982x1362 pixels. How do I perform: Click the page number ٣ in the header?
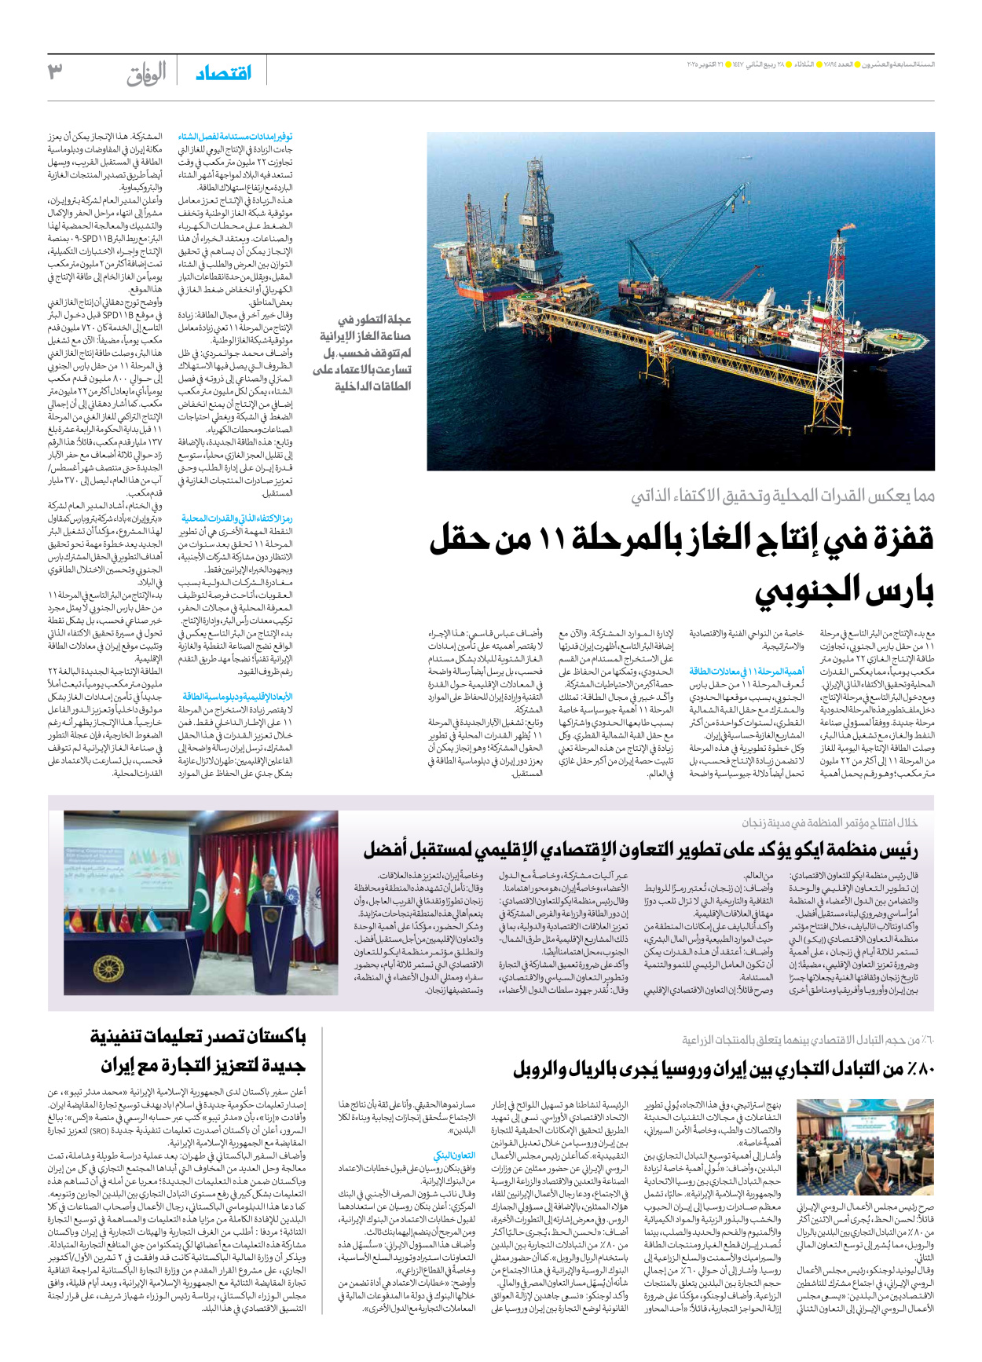[x=55, y=72]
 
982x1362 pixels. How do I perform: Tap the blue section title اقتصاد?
[x=224, y=73]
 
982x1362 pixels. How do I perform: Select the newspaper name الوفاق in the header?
[x=146, y=75]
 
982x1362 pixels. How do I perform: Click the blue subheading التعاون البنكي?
[x=454, y=1155]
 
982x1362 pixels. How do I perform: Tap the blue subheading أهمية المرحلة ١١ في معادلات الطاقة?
[x=746, y=672]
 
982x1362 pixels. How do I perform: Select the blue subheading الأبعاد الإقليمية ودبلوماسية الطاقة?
[x=237, y=696]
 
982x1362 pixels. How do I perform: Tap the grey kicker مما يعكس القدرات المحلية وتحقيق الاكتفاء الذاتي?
[x=782, y=496]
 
